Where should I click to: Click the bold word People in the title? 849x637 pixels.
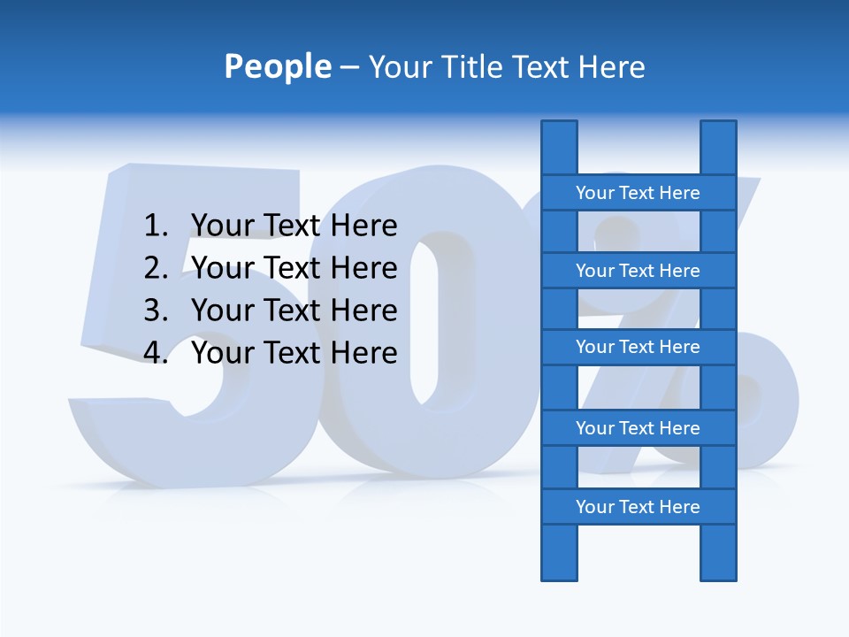tap(277, 66)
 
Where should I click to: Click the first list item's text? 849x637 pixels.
tap(294, 226)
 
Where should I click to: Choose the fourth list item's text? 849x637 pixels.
tap(294, 353)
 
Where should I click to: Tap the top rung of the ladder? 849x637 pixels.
tap(638, 193)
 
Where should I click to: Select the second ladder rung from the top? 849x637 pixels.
tap(638, 271)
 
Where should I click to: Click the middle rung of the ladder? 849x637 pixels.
tap(638, 347)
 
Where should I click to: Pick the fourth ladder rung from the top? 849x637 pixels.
tap(638, 428)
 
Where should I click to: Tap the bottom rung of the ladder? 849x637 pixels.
tap(638, 507)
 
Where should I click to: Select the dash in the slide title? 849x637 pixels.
tap(348, 67)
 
